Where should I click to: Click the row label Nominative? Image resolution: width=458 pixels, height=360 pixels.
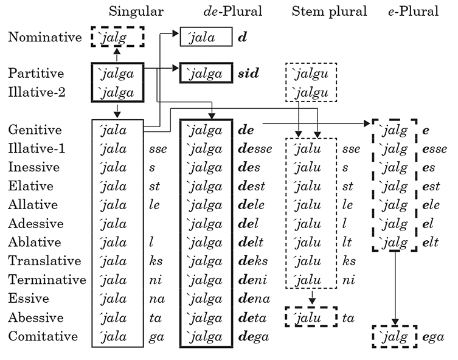click(44, 38)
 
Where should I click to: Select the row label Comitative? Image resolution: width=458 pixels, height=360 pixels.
click(43, 336)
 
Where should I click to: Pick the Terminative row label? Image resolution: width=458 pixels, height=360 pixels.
click(47, 280)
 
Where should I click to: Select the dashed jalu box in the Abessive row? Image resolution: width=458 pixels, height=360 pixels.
click(310, 317)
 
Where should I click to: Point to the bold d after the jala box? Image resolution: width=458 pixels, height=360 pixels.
click(242, 38)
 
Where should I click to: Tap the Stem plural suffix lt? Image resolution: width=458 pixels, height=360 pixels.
click(348, 243)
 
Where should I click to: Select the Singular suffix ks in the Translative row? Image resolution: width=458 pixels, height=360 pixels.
click(156, 261)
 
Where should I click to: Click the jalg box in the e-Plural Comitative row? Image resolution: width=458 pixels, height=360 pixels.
click(394, 337)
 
